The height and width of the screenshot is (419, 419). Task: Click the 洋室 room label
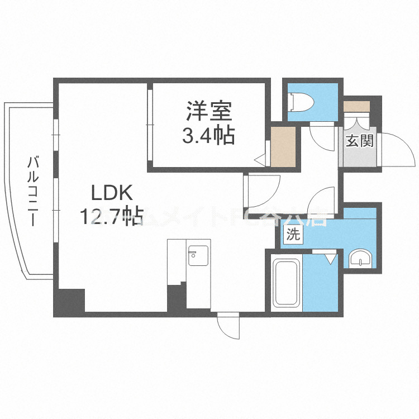[x=209, y=112]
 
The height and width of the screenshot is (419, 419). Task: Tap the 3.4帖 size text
[x=209, y=136]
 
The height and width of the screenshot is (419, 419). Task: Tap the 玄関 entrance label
[x=359, y=141]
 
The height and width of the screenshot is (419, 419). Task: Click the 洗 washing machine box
[x=293, y=235]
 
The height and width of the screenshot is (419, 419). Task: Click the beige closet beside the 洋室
[x=283, y=146]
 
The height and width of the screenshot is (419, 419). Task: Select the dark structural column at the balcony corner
[x=69, y=302]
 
